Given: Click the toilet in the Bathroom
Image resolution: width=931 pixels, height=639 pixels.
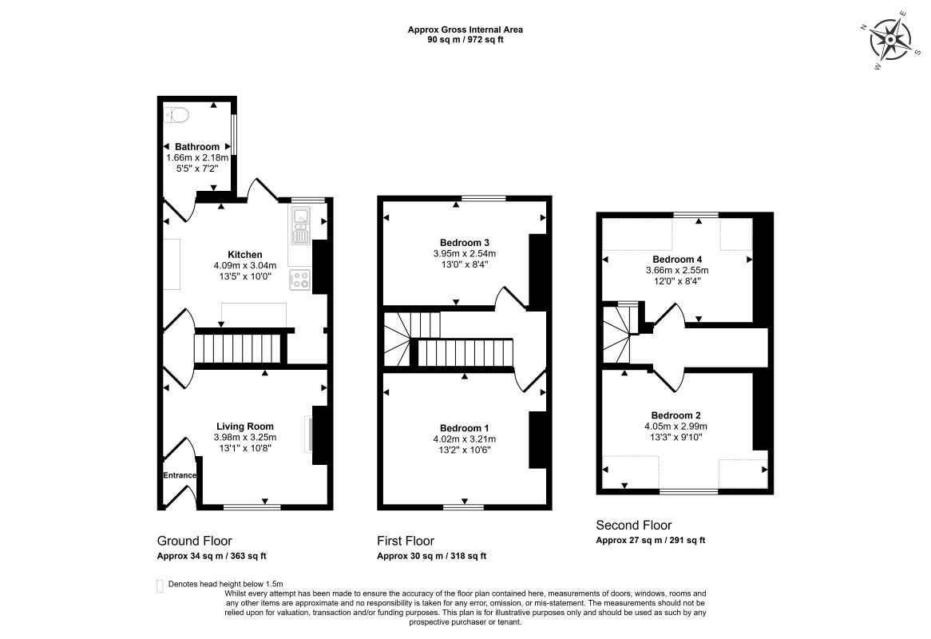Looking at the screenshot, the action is point(176,114).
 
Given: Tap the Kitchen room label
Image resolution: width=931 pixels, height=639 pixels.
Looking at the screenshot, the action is point(245,255).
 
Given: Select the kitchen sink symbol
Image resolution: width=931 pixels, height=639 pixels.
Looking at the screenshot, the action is point(300,226).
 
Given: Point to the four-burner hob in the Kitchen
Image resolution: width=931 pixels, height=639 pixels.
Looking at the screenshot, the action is point(300,280).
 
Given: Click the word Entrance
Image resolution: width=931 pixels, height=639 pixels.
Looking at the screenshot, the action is point(180,475).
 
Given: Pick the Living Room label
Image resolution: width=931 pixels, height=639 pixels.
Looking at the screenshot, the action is point(245,427).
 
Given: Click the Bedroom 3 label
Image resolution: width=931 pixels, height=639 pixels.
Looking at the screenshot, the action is point(465,242).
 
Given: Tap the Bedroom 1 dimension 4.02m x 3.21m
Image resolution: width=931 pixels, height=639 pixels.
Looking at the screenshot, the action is point(465,439).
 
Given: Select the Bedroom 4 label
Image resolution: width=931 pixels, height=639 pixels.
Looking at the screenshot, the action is point(677,260).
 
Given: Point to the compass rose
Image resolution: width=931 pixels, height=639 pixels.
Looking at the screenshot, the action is point(890,40).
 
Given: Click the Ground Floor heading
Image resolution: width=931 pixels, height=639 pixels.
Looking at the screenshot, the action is point(194,541).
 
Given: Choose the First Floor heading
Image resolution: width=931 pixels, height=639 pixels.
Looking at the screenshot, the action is point(406,541).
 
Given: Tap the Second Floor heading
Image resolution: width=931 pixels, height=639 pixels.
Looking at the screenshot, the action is point(633,525).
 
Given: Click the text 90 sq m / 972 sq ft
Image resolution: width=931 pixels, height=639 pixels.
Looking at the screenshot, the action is point(465,40).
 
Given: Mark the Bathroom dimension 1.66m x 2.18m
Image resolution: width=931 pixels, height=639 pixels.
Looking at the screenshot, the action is point(197,158).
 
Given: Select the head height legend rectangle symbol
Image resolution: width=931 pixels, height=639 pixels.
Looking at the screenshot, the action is point(159,585).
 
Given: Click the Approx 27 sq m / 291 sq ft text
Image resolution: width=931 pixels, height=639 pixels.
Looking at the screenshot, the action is point(651,541).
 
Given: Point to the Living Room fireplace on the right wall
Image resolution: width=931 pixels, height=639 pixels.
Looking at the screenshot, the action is point(319,435).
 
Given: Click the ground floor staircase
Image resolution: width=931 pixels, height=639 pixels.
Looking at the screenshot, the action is point(240,347).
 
